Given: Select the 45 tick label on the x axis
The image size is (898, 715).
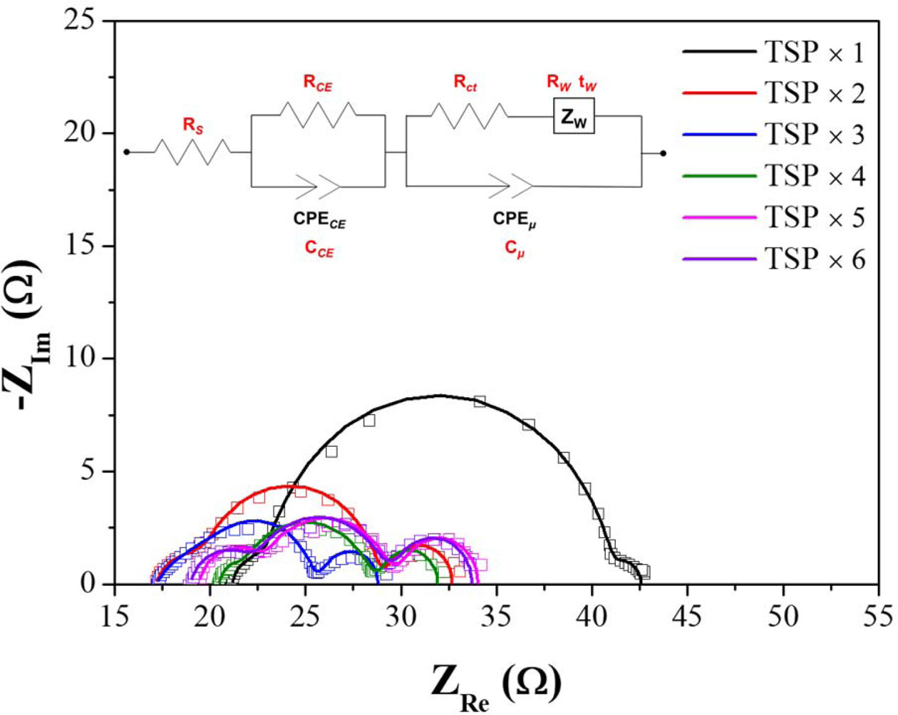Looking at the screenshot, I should pyautogui.click(x=687, y=615).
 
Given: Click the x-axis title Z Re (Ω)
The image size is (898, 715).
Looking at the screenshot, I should pyautogui.click(x=495, y=682).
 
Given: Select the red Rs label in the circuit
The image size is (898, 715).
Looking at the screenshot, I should pyautogui.click(x=192, y=125).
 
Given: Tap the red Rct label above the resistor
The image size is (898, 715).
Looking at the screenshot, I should pyautogui.click(x=465, y=83).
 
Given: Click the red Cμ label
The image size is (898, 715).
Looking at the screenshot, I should pyautogui.click(x=515, y=250).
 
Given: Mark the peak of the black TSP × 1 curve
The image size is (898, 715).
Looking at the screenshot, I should pyautogui.click(x=440, y=395).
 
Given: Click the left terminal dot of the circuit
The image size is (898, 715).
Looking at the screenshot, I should pyautogui.click(x=127, y=152).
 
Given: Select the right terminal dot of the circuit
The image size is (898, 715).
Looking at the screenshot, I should pyautogui.click(x=663, y=153).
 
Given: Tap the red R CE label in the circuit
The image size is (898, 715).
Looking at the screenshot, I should pyautogui.click(x=318, y=83).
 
